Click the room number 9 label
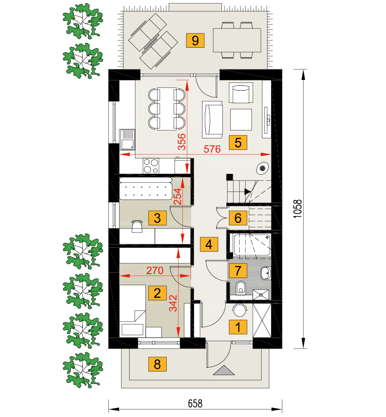point(195,41)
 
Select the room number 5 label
point(238,142)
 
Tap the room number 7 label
point(238,271)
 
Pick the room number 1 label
point(238,327)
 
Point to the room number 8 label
point(157,364)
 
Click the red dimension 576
point(212,149)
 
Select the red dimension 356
point(182,142)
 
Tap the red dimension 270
point(155,271)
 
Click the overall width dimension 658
point(195,404)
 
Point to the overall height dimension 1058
point(297,209)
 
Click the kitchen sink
point(127,140)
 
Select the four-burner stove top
point(151,166)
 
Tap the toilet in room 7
point(241,288)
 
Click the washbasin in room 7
point(266,273)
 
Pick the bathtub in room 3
point(145,188)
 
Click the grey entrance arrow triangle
point(224,370)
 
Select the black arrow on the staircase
point(247,191)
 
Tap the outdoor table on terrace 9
point(237,40)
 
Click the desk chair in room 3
point(137,226)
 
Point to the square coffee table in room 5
point(241,119)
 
